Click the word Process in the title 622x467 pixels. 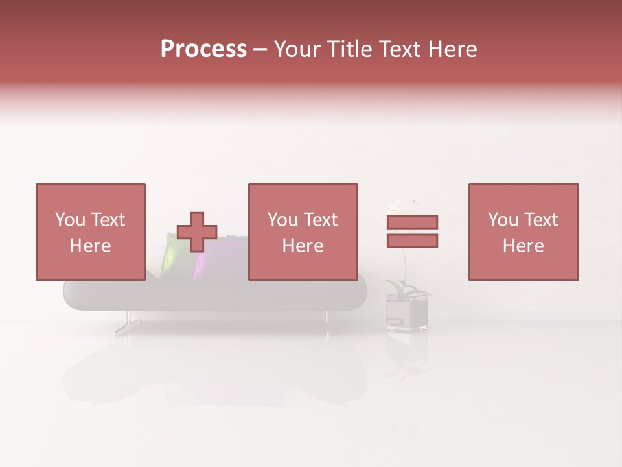pyautogui.click(x=203, y=49)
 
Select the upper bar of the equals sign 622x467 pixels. pyautogui.click(x=412, y=222)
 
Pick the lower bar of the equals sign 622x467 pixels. pyautogui.click(x=412, y=241)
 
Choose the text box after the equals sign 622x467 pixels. pyautogui.click(x=524, y=232)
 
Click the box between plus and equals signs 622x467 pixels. pyautogui.click(x=303, y=232)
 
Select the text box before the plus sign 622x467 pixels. pyautogui.click(x=90, y=232)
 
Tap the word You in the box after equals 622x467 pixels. pyautogui.click(x=502, y=220)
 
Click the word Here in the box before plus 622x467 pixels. pyautogui.click(x=90, y=246)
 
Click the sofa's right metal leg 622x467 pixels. pyautogui.click(x=326, y=317)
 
